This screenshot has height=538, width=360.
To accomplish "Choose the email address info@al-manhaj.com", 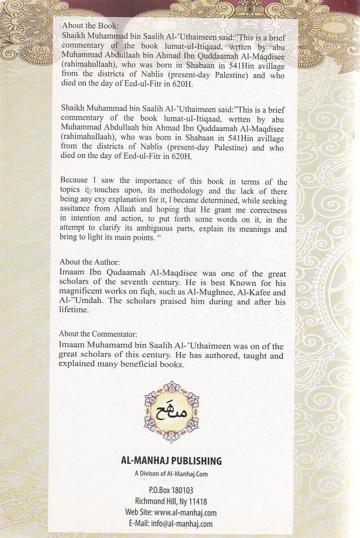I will (x=192, y=523).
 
